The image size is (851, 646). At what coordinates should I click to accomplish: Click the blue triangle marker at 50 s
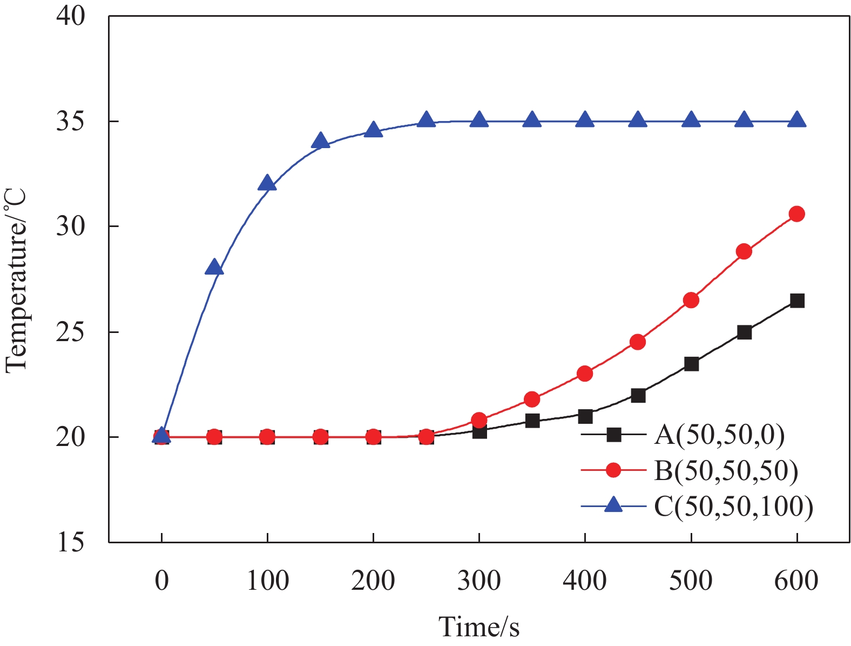(x=214, y=267)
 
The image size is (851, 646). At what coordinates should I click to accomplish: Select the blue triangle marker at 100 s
(x=267, y=183)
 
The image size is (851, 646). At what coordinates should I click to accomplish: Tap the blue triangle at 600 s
(x=797, y=119)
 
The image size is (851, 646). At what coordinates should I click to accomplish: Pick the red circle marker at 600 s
(x=797, y=214)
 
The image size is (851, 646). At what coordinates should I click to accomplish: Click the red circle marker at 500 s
(x=691, y=300)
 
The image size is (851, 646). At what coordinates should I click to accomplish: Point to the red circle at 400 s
(x=585, y=374)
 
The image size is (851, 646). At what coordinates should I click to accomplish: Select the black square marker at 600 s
(x=797, y=301)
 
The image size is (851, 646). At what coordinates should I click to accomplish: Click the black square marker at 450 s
(x=638, y=396)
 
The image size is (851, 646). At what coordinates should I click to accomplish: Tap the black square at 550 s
(x=744, y=332)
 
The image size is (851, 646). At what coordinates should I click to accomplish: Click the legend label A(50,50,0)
(x=719, y=435)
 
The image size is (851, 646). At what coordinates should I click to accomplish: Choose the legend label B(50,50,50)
(x=726, y=470)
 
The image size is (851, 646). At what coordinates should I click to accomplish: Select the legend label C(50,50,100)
(x=733, y=507)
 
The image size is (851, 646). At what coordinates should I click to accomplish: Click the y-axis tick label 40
(x=71, y=16)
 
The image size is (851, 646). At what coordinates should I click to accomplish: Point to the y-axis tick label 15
(x=71, y=542)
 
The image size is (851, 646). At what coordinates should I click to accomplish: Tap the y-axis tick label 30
(x=71, y=227)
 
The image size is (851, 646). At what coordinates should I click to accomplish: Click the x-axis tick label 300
(x=479, y=581)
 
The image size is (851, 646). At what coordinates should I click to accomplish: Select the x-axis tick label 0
(x=161, y=581)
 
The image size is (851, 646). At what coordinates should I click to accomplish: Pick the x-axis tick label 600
(x=796, y=581)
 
